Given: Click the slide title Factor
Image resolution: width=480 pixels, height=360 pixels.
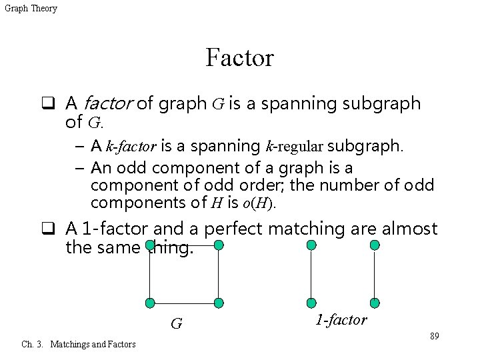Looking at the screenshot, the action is (240, 58).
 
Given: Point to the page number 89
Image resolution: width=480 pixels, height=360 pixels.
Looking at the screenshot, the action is (434, 335).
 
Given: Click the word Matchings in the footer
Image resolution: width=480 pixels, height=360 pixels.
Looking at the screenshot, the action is (72, 344).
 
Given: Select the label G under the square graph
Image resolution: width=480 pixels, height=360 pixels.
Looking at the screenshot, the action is (176, 324).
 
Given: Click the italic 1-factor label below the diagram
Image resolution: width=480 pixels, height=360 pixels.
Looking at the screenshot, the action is (340, 320).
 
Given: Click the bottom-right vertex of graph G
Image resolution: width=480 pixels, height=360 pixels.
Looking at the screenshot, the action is (217, 303).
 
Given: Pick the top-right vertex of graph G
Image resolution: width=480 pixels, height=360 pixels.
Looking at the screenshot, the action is (217, 245).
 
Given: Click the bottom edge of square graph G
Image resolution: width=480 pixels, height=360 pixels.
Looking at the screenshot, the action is (183, 303).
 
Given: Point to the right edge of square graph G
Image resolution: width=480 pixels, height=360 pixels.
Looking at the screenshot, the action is (217, 274).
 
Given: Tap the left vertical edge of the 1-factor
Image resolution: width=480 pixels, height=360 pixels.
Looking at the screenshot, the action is (311, 274).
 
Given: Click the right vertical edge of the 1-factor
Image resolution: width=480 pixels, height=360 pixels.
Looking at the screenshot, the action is (375, 274).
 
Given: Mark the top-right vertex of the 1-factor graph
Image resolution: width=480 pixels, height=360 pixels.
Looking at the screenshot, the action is (375, 245).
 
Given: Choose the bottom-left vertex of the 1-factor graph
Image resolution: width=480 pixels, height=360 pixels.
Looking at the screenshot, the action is (311, 303).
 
